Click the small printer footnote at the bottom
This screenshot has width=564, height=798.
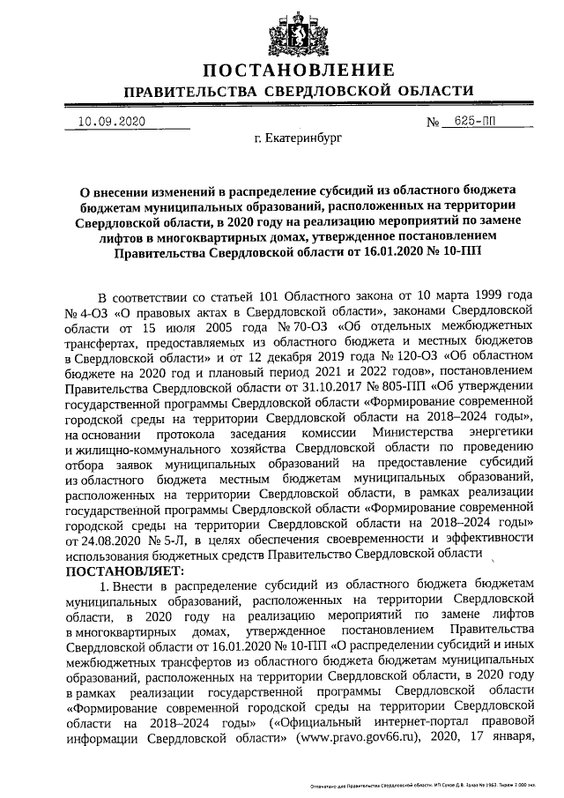[x=422, y=784]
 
